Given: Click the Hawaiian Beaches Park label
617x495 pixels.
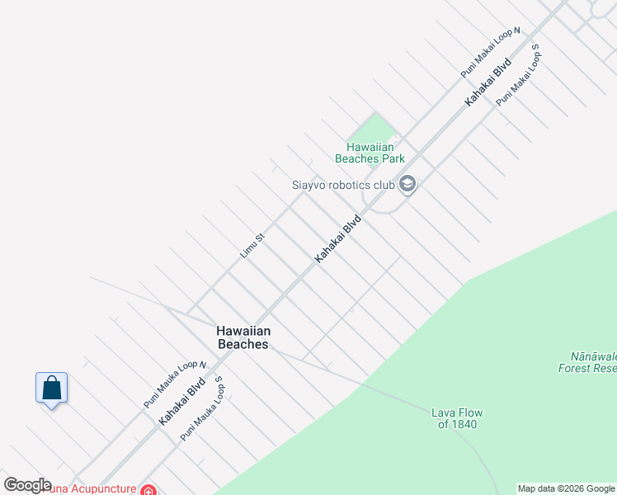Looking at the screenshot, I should [x=370, y=153].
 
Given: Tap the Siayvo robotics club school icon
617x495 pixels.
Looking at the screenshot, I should [x=407, y=184].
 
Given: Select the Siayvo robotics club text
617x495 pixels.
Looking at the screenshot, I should [x=344, y=185].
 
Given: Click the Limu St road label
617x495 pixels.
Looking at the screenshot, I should [x=252, y=246].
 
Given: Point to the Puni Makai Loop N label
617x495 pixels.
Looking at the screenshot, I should [x=491, y=52].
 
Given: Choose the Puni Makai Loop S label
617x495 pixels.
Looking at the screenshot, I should [x=517, y=75].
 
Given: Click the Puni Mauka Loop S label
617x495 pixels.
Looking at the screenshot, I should [x=202, y=408].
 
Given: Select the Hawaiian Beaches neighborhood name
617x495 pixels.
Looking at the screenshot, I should [x=243, y=337].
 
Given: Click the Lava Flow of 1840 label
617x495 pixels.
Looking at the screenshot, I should [x=457, y=418].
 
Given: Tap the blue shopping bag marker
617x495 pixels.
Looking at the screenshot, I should [x=51, y=388].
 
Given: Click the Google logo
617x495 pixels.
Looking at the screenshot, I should [x=27, y=485].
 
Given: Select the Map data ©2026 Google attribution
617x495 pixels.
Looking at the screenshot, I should [x=566, y=488].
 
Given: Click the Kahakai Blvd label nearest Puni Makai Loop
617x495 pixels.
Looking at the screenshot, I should [x=488, y=81].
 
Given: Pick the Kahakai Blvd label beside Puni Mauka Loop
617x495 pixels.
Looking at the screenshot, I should [x=181, y=402].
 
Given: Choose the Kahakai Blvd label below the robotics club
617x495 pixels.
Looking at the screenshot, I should [x=339, y=239].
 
